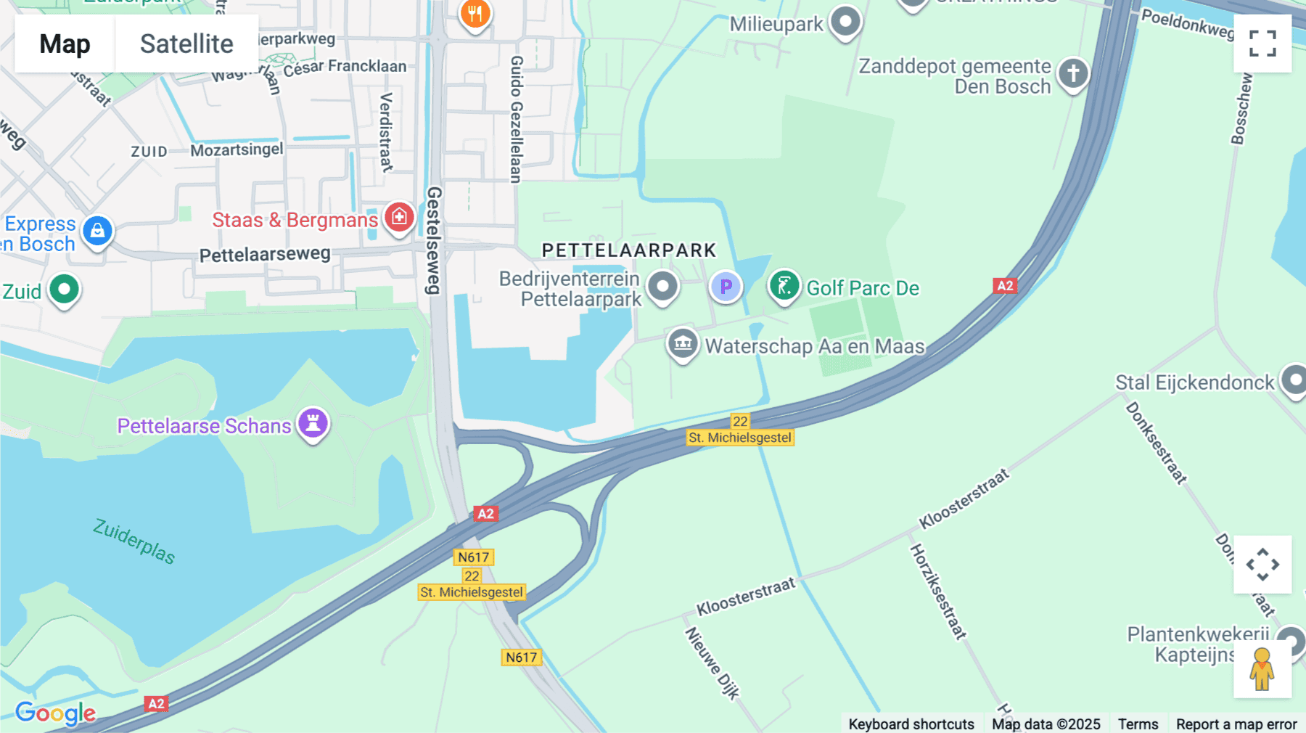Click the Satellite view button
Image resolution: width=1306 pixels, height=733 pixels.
[186, 44]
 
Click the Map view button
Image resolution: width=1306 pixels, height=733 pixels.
[65, 44]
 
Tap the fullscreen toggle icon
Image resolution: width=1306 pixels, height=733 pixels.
[1262, 44]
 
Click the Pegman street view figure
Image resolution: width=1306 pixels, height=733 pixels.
[1262, 669]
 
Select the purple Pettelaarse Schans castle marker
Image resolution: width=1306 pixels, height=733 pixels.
[313, 423]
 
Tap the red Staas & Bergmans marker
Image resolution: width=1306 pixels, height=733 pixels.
[399, 217]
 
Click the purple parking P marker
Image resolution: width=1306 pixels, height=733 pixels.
[726, 287]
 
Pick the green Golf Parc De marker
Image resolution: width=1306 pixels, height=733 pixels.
[784, 286]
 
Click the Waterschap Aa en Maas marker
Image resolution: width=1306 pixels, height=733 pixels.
[683, 344]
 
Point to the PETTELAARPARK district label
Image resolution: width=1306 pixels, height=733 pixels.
[629, 250]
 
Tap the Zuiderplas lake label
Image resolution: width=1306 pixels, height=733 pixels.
[134, 541]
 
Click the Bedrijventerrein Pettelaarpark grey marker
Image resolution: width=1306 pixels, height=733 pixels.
[662, 286]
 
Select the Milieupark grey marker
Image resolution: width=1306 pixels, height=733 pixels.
[845, 22]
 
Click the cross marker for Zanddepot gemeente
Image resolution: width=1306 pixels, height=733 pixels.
[1073, 73]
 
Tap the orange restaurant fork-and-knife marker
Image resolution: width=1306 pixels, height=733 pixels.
[475, 15]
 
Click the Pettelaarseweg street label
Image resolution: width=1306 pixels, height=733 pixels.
[265, 255]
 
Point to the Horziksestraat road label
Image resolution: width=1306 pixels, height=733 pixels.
[938, 592]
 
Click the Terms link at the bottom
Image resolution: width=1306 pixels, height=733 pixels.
[1138, 724]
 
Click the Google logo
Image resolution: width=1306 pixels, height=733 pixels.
[55, 713]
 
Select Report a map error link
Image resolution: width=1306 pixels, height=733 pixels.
[1236, 724]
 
